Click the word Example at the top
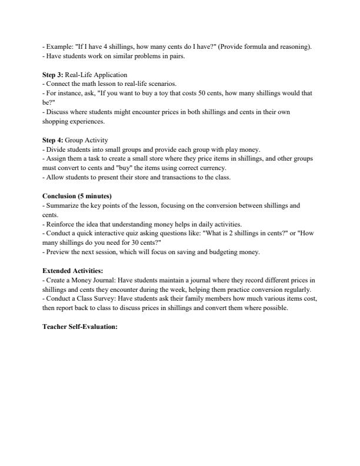click(59, 46)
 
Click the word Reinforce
click(61, 224)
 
